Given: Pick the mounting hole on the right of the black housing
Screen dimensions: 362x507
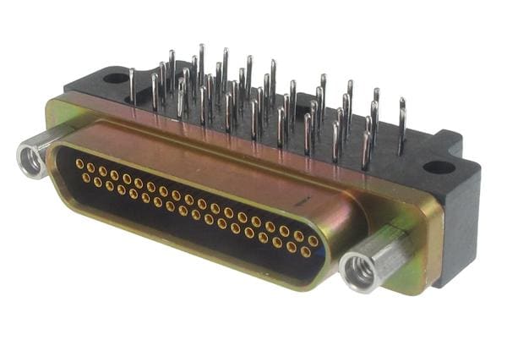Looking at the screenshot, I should tap(438, 167).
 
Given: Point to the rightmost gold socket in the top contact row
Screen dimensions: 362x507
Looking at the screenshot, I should tap(313, 241).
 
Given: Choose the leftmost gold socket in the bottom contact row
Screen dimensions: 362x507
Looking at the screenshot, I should tap(85, 178).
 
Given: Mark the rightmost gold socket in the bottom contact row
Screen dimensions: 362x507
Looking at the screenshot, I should tap(305, 252).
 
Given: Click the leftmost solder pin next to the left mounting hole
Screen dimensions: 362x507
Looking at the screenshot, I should tap(132, 85).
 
